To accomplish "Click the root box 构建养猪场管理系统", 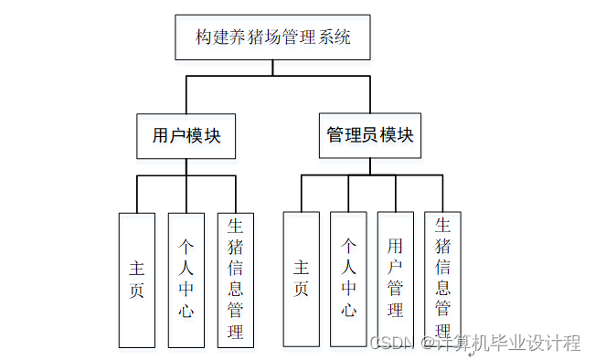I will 273,38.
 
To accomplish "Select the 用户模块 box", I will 186,136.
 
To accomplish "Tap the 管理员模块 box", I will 370,136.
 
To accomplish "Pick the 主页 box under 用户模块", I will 137,280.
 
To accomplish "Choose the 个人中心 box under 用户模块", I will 186,280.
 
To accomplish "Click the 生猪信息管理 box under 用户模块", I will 236,280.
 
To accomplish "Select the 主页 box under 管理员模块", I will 301,280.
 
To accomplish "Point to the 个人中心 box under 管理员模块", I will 348,280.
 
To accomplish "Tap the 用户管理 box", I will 396,280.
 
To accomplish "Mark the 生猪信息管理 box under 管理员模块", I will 442,280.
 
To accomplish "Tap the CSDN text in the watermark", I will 386,344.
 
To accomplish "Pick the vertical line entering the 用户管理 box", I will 396,194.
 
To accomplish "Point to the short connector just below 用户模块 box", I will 186,166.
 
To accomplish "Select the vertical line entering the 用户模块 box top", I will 186,95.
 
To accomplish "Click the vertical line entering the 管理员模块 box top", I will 370,95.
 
